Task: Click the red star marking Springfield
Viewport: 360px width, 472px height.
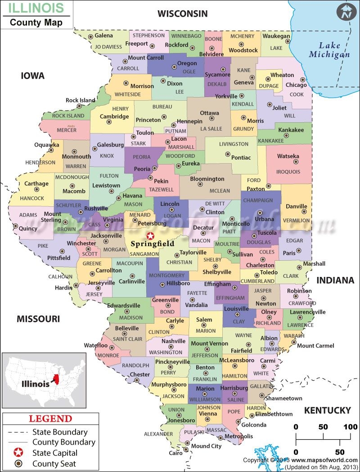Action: point(150,235)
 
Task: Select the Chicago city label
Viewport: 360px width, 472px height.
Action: point(296,85)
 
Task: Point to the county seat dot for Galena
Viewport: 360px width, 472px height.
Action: point(91,36)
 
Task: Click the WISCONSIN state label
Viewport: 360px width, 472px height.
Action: point(182,14)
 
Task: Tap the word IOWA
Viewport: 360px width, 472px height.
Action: point(33,76)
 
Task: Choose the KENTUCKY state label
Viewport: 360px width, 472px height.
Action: point(327,410)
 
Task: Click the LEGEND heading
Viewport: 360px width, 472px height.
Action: point(50,419)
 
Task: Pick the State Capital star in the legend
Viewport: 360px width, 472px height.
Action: point(18,453)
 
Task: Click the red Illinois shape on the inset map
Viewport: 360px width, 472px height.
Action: point(55,378)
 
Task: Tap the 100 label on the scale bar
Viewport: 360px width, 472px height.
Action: point(350,426)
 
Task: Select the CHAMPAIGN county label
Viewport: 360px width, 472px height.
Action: point(258,200)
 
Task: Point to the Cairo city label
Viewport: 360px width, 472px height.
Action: point(176,453)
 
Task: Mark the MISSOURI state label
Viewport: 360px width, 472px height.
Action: point(38,319)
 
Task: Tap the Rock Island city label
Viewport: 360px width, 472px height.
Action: point(81,100)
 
